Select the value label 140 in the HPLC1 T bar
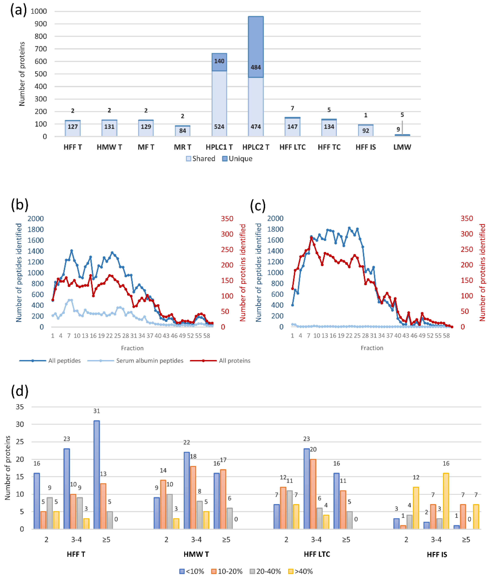(219, 61)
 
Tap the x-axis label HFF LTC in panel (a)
(292, 147)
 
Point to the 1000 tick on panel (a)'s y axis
(39, 11)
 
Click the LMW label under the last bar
(402, 147)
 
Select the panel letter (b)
(19, 205)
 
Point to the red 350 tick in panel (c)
(467, 219)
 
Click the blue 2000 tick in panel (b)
(36, 219)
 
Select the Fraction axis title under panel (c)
(372, 348)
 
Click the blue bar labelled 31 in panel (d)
(97, 475)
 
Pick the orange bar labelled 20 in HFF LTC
(313, 494)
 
